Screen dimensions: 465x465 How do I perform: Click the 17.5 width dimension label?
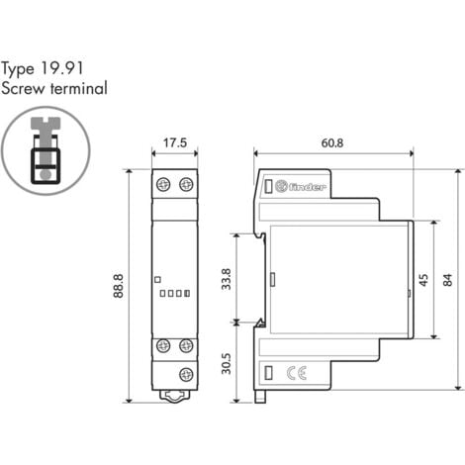pyautogui.click(x=175, y=143)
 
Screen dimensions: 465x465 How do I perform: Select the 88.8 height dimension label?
pyautogui.click(x=119, y=286)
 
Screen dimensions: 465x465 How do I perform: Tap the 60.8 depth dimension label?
pyautogui.click(x=332, y=143)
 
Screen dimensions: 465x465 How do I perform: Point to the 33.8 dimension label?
pyautogui.click(x=227, y=279)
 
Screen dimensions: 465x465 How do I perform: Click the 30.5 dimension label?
pyautogui.click(x=227, y=364)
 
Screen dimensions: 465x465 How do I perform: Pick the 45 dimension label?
pyautogui.click(x=424, y=280)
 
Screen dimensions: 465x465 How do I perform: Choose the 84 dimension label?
pyautogui.click(x=448, y=280)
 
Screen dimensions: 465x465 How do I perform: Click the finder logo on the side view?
pyautogui.click(x=301, y=187)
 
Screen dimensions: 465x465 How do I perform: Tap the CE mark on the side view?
pyautogui.click(x=297, y=373)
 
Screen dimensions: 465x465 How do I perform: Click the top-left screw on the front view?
pyautogui.click(x=163, y=184)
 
